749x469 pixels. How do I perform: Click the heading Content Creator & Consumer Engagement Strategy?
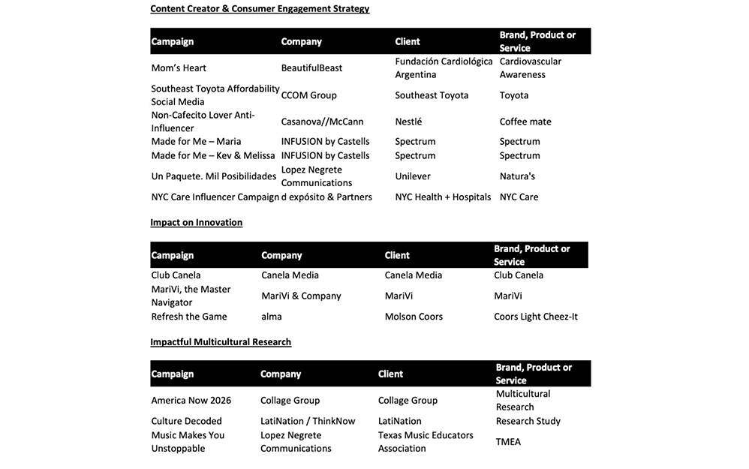260,9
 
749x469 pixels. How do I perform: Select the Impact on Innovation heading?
196,223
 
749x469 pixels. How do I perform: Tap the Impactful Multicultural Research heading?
221,342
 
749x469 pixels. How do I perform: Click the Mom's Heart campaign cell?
179,68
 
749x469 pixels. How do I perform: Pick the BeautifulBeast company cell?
311,68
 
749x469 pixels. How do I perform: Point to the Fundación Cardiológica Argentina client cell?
444,68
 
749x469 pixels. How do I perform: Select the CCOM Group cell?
308,95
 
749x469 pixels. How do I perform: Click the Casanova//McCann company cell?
322,122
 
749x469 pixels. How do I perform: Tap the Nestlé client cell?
408,122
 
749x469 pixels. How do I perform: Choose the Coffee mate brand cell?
525,122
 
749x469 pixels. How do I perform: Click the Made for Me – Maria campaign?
196,142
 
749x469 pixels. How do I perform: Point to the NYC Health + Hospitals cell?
443,197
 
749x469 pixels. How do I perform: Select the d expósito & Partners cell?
326,197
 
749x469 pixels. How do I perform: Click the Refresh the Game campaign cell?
188,317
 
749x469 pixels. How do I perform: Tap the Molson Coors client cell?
414,317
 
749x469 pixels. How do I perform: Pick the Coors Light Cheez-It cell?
536,317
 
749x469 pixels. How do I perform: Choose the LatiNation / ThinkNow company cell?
308,422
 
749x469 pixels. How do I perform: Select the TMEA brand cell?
508,442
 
